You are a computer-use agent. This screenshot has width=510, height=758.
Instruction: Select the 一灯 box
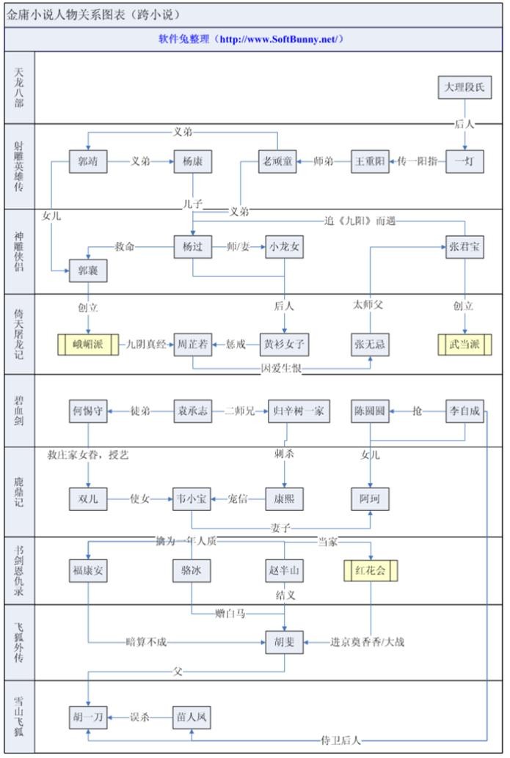(464, 161)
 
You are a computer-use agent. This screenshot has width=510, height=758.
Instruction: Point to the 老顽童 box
(277, 161)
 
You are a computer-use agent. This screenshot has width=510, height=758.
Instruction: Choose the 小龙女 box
(284, 247)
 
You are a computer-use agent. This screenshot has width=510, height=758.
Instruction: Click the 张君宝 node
(465, 247)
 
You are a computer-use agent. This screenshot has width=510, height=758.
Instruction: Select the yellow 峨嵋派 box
(88, 343)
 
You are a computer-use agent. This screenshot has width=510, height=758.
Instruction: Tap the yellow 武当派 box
(465, 343)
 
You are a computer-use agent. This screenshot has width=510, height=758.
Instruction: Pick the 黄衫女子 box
(284, 343)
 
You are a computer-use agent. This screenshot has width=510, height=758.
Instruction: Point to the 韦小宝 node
(192, 499)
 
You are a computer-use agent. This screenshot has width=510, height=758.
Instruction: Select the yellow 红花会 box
(370, 570)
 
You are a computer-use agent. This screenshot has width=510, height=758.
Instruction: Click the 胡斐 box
(284, 642)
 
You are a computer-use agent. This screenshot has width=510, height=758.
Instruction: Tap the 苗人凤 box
(192, 718)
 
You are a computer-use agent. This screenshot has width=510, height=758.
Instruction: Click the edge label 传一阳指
(416, 161)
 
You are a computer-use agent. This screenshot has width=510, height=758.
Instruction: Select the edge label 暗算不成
(146, 642)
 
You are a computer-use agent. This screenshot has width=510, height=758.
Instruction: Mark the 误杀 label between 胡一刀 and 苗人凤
(140, 718)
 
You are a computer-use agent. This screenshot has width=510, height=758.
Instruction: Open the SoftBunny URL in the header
(282, 39)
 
